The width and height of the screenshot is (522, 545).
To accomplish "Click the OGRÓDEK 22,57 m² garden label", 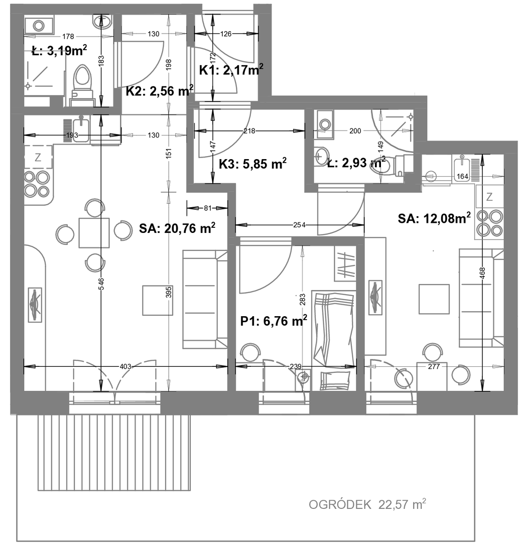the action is click(367, 504).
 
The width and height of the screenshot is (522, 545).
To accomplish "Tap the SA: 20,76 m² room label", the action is click(177, 228).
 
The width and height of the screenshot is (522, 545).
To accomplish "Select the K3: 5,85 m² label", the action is click(252, 164).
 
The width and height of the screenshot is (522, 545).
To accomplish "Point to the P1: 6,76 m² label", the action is click(274, 321).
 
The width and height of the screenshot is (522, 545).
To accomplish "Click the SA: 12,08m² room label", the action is click(434, 218).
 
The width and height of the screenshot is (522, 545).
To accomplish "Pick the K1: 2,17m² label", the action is click(231, 70).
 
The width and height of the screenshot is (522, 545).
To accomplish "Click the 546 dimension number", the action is click(101, 284).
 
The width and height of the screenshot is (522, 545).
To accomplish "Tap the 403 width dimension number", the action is click(125, 366).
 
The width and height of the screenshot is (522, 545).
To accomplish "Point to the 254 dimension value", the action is click(299, 225).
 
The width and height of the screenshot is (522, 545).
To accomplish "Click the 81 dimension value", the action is click(207, 208).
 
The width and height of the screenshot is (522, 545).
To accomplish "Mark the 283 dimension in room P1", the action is click(302, 300).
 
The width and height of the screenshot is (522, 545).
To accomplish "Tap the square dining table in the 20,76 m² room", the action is click(94, 232).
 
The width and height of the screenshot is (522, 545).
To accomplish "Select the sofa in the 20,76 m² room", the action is click(205, 299).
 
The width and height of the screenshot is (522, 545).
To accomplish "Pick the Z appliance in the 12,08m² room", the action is click(489, 197).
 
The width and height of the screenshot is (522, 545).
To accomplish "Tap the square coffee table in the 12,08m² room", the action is click(434, 299).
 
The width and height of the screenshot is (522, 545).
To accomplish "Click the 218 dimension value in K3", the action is click(249, 130).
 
